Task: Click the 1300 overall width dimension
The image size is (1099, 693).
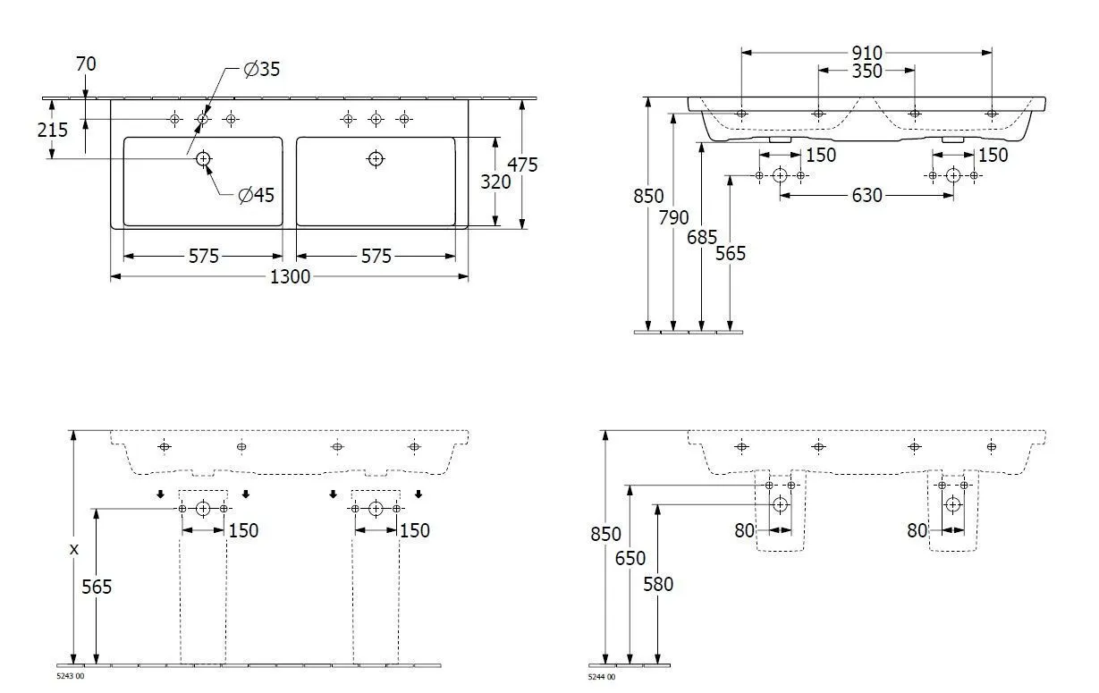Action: click(x=290, y=277)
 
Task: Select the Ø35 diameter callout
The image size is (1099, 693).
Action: click(x=262, y=70)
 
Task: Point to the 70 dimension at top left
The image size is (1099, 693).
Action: click(x=86, y=64)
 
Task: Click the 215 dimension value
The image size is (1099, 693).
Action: click(x=53, y=130)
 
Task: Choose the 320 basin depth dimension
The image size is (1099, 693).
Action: click(x=495, y=182)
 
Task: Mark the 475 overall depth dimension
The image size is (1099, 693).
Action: click(x=522, y=165)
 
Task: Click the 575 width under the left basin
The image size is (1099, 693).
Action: click(x=203, y=257)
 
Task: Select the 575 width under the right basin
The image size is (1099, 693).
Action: click(x=376, y=257)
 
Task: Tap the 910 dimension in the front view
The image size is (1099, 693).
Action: click(x=866, y=53)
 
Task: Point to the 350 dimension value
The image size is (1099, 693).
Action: click(x=866, y=71)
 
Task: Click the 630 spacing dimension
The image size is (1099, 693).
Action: click(x=866, y=195)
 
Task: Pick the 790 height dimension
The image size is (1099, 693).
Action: click(x=674, y=217)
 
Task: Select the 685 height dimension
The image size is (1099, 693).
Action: click(x=703, y=237)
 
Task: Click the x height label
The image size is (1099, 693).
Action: click(x=74, y=549)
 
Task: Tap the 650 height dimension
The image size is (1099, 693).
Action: click(x=630, y=559)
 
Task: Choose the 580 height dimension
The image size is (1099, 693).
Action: click(x=658, y=585)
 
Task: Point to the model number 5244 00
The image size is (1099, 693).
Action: click(x=602, y=677)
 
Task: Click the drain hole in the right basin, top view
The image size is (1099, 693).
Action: click(x=376, y=159)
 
